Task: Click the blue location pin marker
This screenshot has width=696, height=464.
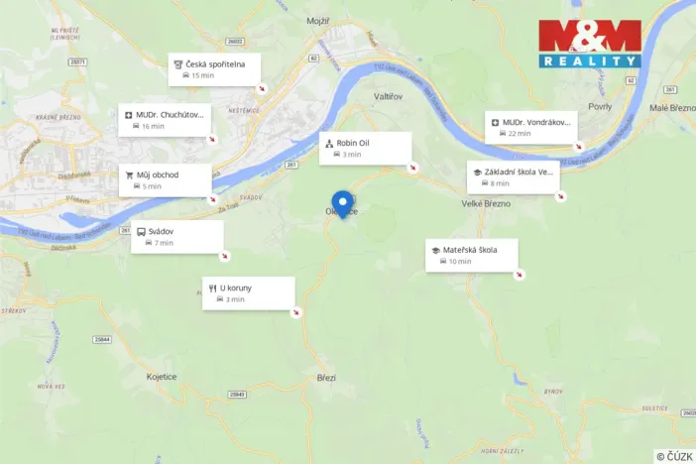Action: tap(343, 203)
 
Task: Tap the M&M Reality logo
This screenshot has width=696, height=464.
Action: tap(590, 44)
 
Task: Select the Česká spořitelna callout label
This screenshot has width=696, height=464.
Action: tap(215, 68)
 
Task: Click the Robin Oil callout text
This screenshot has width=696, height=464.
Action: tap(353, 143)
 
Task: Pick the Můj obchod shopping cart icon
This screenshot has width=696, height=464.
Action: tap(129, 175)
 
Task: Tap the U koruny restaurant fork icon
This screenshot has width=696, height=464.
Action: tap(212, 289)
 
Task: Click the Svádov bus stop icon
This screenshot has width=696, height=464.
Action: tap(141, 232)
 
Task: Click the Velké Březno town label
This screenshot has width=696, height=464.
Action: tap(485, 203)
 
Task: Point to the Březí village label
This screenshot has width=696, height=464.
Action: tap(326, 377)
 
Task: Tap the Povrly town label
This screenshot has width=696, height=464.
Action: tap(600, 106)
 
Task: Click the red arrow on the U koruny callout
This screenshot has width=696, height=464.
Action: tap(295, 314)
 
